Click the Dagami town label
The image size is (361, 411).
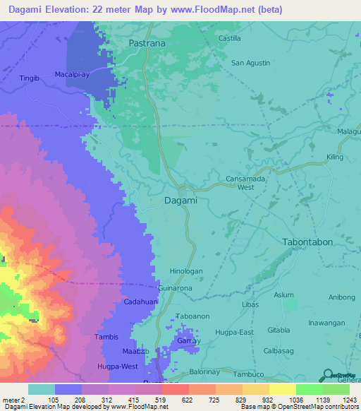[180, 201]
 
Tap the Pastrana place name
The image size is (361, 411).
[147, 43]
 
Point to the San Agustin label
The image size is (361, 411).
[251, 63]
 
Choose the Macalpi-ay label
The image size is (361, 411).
[72, 74]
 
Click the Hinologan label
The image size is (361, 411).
[186, 271]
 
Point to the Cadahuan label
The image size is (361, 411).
[140, 302]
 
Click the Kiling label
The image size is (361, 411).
[335, 157]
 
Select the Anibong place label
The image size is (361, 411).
[342, 297]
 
